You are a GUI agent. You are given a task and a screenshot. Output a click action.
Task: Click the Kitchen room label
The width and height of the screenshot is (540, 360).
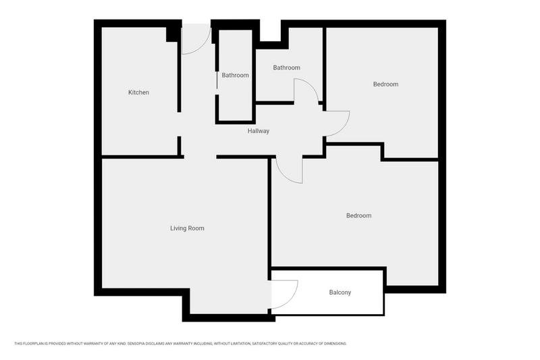[x=138, y=93]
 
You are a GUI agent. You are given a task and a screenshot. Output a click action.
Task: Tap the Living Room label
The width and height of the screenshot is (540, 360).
[x=187, y=228]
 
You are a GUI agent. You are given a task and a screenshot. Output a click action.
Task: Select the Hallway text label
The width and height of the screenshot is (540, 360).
[x=258, y=131]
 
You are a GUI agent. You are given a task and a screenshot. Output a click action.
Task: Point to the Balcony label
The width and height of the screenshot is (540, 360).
[x=340, y=292]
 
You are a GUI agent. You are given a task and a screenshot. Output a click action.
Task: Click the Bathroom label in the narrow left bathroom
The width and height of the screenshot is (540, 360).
[x=235, y=76]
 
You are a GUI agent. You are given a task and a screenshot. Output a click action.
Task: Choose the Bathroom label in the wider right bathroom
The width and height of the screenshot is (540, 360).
[x=286, y=68]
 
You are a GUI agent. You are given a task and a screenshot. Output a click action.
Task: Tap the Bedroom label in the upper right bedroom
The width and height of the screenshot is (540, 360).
[x=385, y=84]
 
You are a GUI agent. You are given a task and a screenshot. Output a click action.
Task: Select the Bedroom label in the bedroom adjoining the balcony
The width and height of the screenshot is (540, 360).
[x=358, y=216]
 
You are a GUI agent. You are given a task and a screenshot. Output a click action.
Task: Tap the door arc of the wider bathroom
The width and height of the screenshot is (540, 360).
[x=306, y=91]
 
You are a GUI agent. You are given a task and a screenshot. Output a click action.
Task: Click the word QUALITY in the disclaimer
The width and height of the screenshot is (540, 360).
[x=281, y=344]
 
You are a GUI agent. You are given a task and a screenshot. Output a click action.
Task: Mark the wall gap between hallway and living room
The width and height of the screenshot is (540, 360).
[x=200, y=157]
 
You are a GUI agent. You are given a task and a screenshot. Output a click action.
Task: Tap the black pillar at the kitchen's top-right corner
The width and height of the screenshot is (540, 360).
[x=173, y=32]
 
